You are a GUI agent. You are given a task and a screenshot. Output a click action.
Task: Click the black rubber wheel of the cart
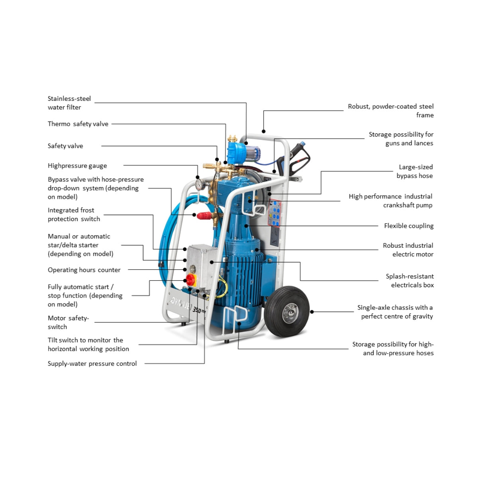click(x=287, y=311)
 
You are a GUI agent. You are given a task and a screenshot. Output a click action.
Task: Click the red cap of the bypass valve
click(x=204, y=215)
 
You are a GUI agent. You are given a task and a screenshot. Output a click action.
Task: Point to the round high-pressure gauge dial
click(x=199, y=184)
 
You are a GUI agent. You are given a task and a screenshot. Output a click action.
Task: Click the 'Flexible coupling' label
click(x=409, y=226)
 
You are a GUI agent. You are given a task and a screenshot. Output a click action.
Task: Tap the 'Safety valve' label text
click(x=65, y=146)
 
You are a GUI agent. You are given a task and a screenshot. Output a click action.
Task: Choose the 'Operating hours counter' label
click(x=84, y=270)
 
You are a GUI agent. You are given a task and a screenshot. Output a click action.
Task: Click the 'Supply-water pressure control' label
click(x=92, y=363)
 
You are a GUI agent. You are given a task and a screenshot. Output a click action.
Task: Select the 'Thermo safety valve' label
click(x=78, y=124)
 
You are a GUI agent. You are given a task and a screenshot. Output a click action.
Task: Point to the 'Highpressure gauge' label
click(x=77, y=166)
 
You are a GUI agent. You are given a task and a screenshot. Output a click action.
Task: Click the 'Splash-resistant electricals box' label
click(x=409, y=280)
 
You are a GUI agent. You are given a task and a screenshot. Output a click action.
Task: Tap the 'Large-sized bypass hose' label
click(x=415, y=171)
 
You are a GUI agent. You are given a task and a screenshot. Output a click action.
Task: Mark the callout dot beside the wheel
click(x=312, y=312)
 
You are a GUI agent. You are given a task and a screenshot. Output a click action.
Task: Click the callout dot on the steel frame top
click(x=263, y=131)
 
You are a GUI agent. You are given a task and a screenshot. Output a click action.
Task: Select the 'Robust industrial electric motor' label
click(x=408, y=250)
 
